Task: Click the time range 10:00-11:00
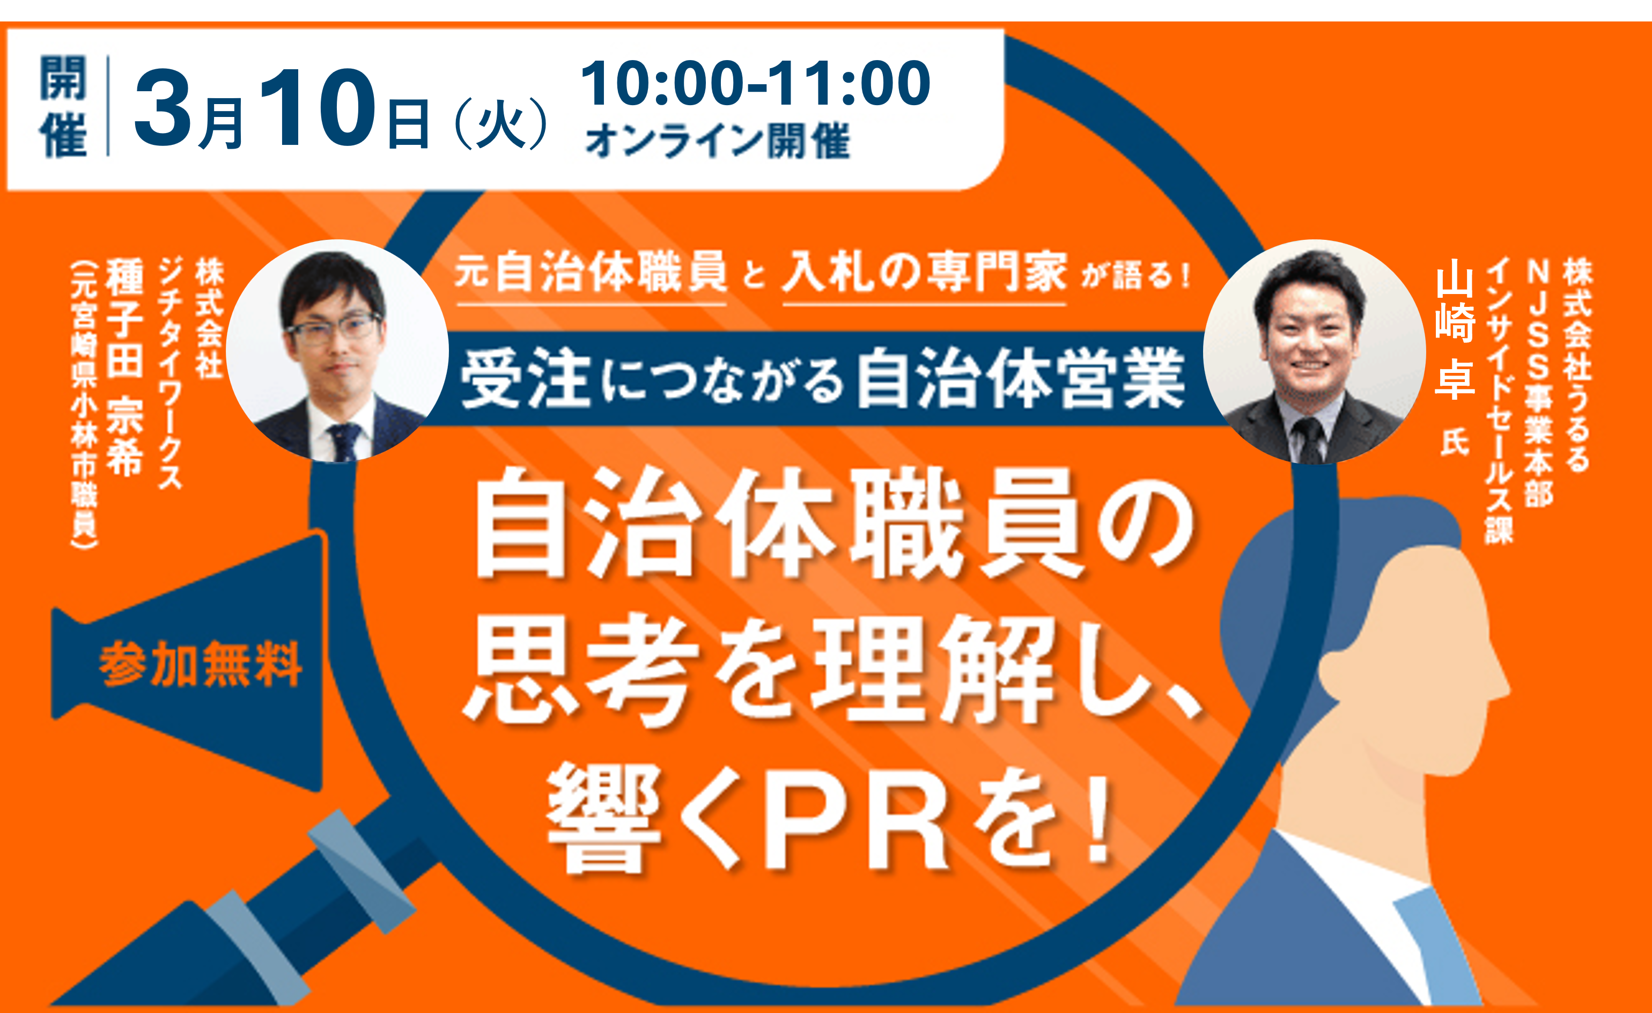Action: point(755,84)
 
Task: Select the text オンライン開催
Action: point(718,141)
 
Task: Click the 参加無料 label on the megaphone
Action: point(200,664)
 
